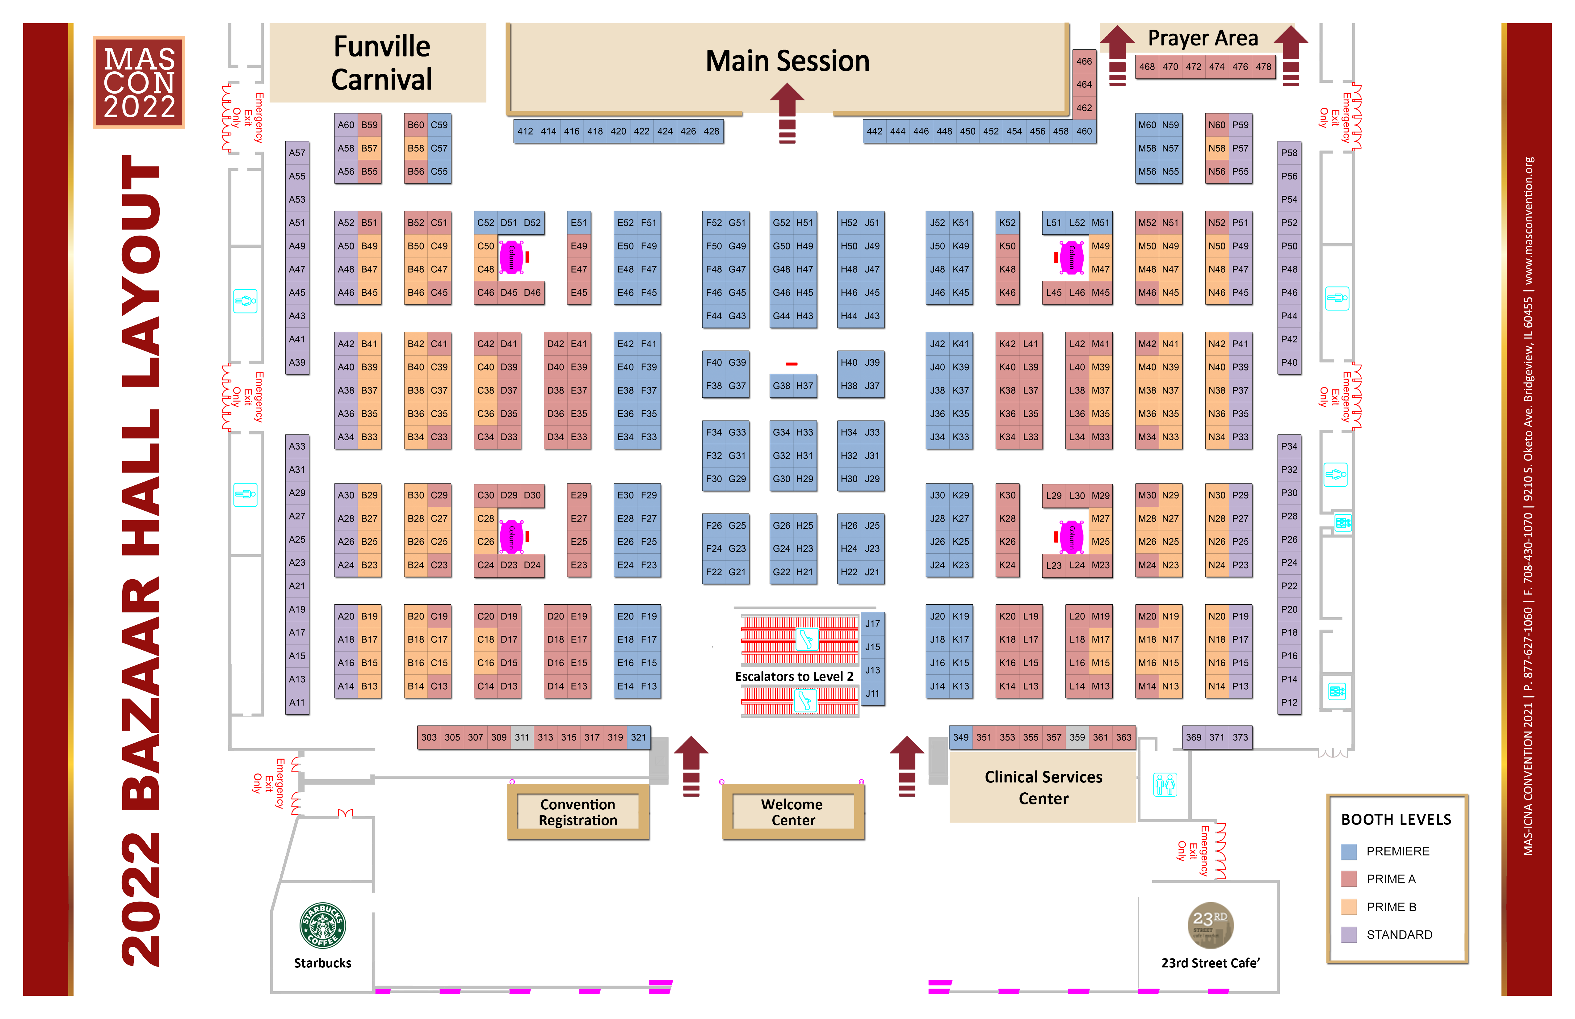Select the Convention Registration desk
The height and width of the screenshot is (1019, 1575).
[578, 812]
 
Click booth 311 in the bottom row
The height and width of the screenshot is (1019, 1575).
[522, 737]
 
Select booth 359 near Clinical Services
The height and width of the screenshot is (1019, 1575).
[1077, 737]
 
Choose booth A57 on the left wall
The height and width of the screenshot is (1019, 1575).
[297, 153]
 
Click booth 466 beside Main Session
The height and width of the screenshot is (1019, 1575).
[1084, 61]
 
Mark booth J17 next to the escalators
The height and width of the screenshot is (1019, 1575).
[873, 623]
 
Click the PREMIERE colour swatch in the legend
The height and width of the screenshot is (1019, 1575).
[1349, 852]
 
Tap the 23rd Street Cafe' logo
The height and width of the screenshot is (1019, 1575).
[1210, 925]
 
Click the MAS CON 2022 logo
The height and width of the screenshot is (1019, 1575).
[139, 82]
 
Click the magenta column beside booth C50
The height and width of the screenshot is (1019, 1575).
[511, 258]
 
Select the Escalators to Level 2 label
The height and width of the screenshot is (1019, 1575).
[794, 676]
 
